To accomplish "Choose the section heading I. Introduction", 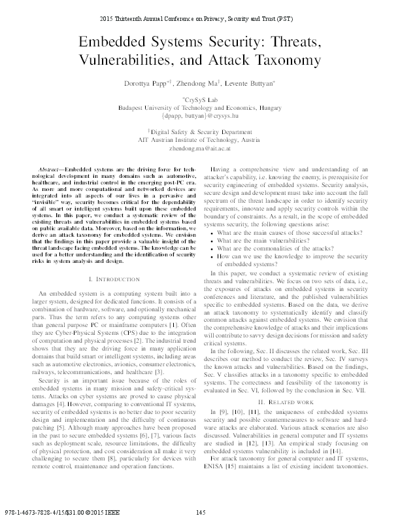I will (x=107, y=279).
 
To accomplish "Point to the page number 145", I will (x=200, y=511).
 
